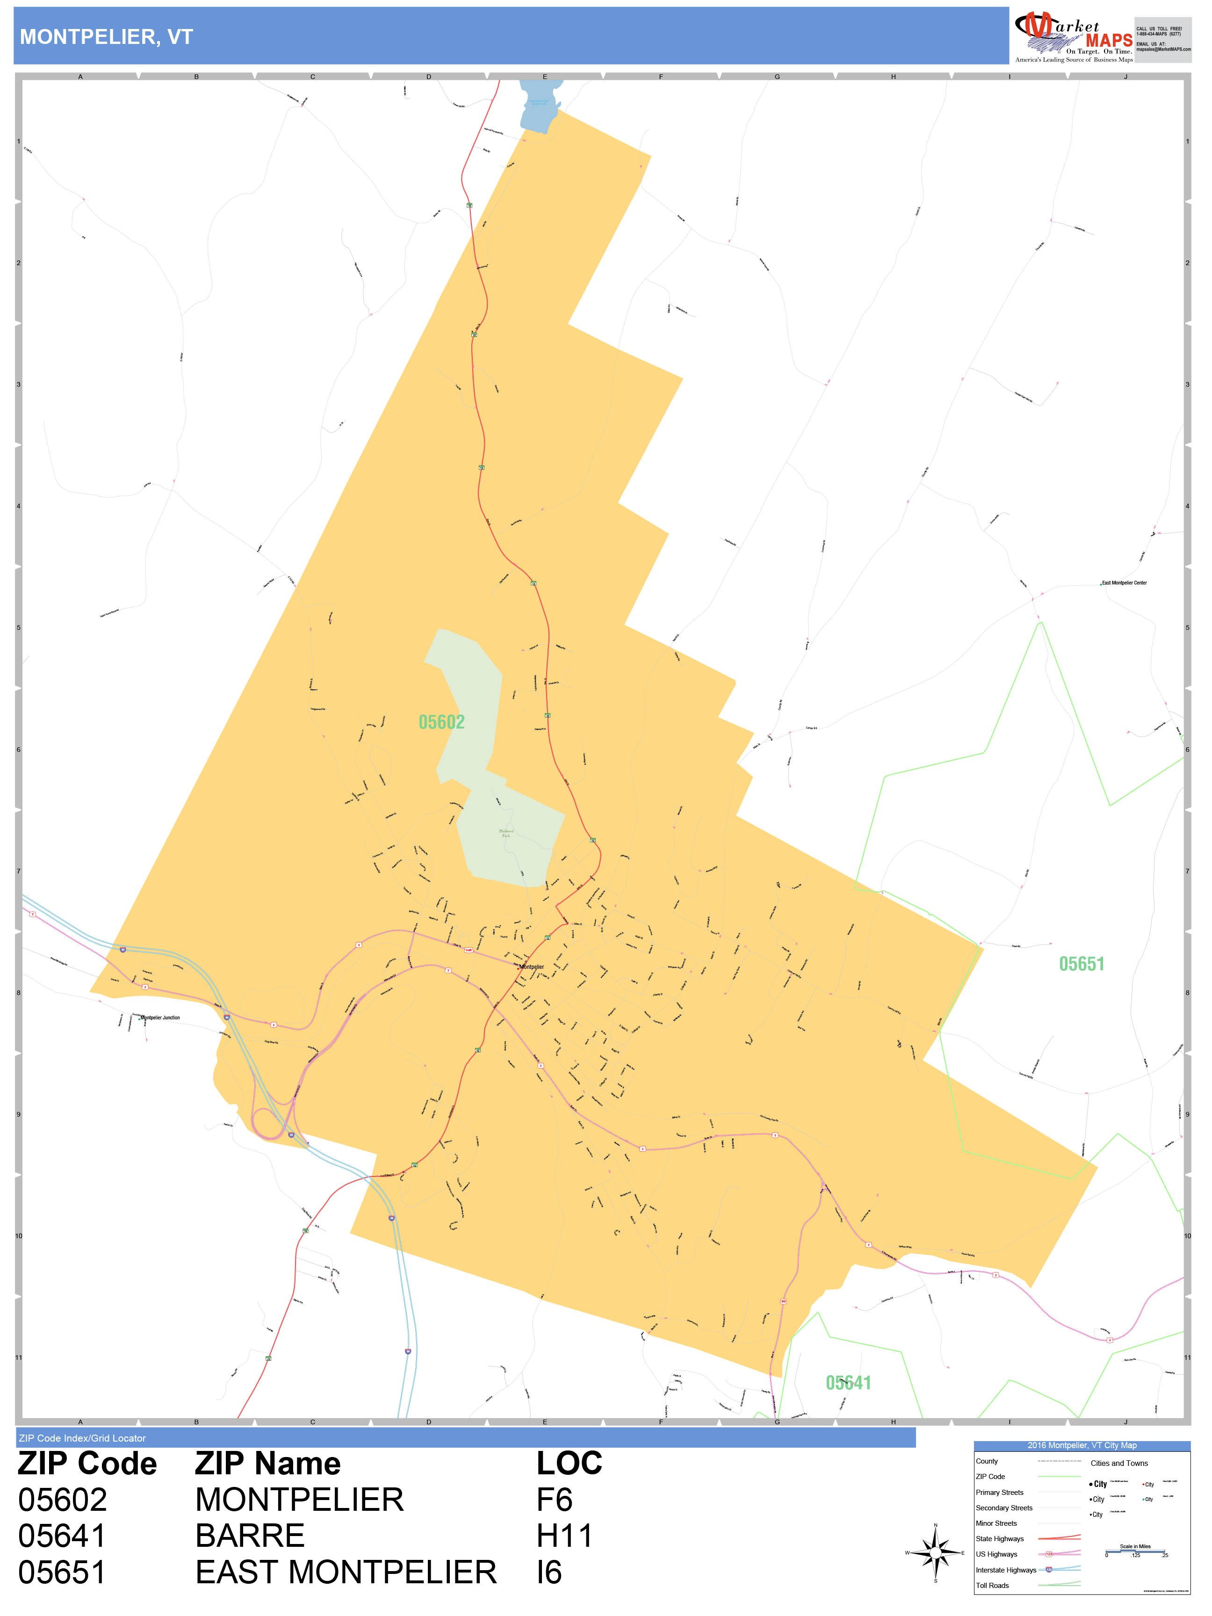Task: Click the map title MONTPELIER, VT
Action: click(x=106, y=37)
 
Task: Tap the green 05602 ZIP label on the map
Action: click(x=441, y=722)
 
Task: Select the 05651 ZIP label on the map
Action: click(x=1081, y=964)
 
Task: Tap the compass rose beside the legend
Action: click(x=935, y=1552)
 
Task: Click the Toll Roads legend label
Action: click(x=992, y=1585)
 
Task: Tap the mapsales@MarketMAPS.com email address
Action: click(x=1163, y=50)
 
